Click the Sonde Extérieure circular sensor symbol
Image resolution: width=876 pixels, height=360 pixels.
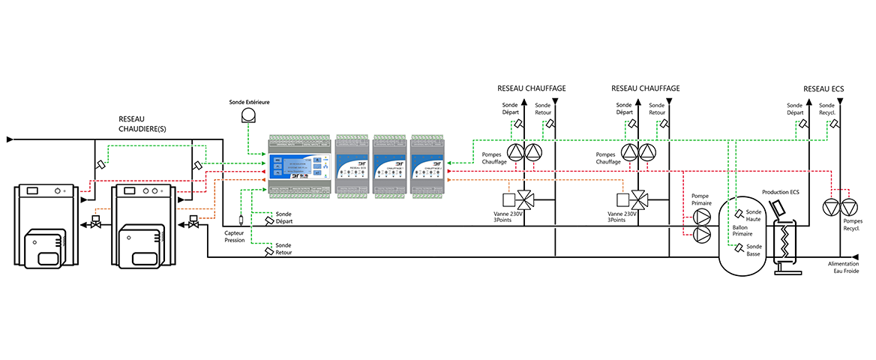[x=248, y=115]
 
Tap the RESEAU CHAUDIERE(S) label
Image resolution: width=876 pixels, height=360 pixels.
[x=142, y=124]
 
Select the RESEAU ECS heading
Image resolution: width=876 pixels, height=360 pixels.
[x=823, y=88]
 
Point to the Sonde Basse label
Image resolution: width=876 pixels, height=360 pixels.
[x=754, y=250]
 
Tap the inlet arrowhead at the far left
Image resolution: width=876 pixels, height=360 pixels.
[x=9, y=139]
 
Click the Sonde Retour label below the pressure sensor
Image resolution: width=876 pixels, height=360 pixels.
[x=283, y=249]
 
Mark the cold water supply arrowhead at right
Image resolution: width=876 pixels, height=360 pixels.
[x=853, y=257]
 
